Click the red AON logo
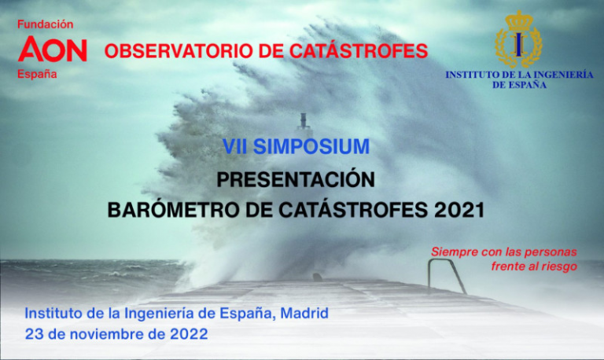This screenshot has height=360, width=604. pyautogui.click(x=53, y=49)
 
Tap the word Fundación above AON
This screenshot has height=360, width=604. pyautogui.click(x=46, y=24)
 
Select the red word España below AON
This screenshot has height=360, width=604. pyautogui.click(x=37, y=74)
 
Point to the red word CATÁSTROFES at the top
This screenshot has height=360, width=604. pyautogui.click(x=359, y=50)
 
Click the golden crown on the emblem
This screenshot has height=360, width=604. pyautogui.click(x=519, y=20)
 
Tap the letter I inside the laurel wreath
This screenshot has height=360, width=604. pyautogui.click(x=519, y=45)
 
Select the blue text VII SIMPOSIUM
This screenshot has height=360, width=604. pyautogui.click(x=296, y=146)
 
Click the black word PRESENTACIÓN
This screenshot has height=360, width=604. pyautogui.click(x=296, y=179)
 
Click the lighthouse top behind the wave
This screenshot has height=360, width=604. pyautogui.click(x=303, y=120)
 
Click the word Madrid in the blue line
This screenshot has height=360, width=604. pyautogui.click(x=304, y=313)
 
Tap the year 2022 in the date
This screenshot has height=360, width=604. pyautogui.click(x=189, y=334)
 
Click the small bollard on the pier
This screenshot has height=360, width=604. pyautogui.click(x=318, y=277)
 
